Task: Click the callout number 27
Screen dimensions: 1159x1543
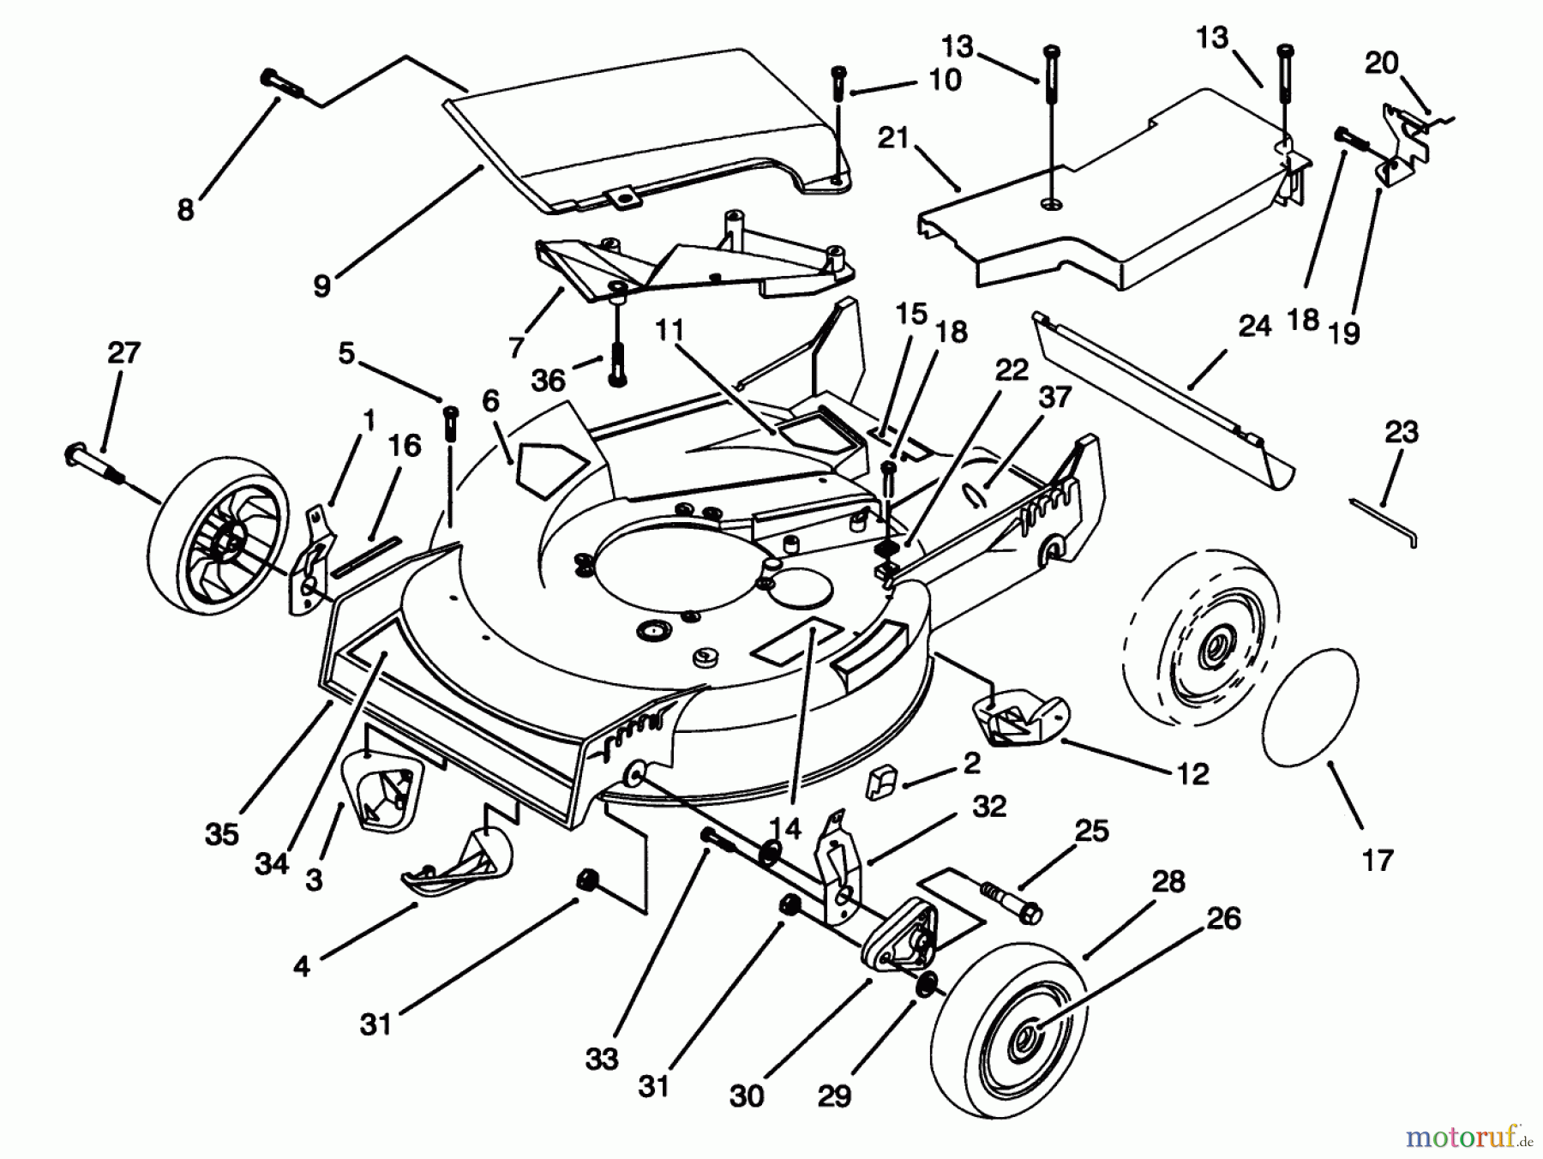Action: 123,352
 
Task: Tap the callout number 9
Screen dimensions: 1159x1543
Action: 321,286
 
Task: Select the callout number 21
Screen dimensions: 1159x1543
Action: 892,137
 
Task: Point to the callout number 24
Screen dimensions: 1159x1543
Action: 1254,326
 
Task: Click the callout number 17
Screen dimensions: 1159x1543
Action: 1378,860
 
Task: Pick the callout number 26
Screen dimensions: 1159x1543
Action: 1223,918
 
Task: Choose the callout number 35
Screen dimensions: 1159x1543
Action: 221,834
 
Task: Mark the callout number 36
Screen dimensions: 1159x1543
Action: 548,380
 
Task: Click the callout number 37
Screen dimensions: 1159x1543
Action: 1055,397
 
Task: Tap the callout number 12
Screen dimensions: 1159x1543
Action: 1192,774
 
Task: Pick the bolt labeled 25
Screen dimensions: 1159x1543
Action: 1010,900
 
